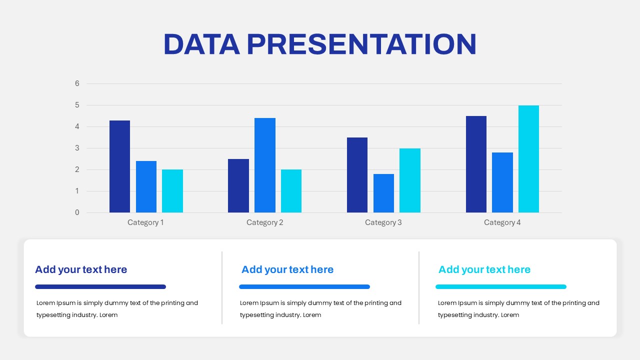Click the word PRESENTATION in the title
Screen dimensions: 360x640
coord(361,44)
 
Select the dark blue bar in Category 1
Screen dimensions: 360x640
coord(119,166)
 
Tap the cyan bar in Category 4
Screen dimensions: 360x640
coord(528,159)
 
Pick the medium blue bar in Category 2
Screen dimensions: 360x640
coord(264,165)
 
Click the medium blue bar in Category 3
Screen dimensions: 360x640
coord(383,193)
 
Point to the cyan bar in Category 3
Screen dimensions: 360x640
coord(409,180)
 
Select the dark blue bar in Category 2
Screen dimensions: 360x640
coord(238,186)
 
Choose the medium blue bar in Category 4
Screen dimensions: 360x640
coord(502,182)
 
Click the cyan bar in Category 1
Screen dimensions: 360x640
coord(172,191)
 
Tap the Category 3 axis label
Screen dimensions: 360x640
coord(383,222)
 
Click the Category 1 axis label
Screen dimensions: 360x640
coord(145,222)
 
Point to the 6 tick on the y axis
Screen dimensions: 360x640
coord(77,83)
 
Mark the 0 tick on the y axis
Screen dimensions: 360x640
coord(77,212)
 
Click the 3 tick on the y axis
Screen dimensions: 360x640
coord(77,148)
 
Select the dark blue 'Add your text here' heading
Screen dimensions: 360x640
coord(81,269)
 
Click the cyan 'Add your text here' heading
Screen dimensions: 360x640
coord(484,269)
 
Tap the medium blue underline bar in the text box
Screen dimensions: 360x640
coord(304,287)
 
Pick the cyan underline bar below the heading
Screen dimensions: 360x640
coord(500,287)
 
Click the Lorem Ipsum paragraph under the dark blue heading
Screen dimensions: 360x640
coord(117,309)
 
